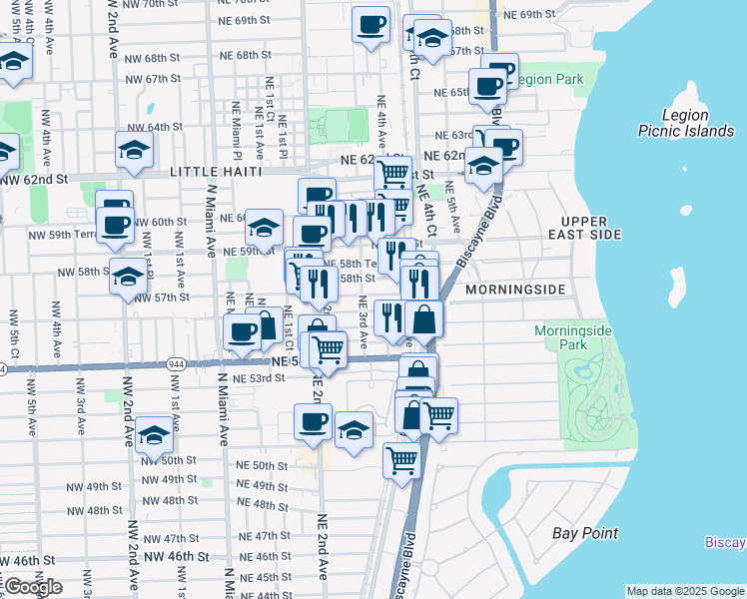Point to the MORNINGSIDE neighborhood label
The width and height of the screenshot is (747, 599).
[x=515, y=290]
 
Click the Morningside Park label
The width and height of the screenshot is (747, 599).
[x=573, y=337]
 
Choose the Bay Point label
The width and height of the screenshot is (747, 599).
[x=585, y=533]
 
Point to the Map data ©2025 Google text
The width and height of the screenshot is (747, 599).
[x=685, y=591]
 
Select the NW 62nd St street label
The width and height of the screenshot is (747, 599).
[x=34, y=180]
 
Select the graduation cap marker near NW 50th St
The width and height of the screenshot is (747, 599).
[x=154, y=435]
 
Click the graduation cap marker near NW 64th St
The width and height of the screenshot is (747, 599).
[x=134, y=150]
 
